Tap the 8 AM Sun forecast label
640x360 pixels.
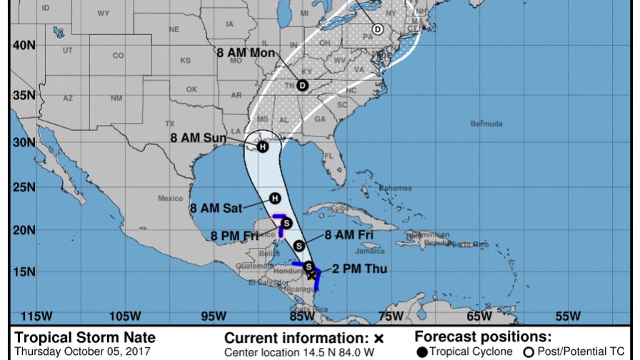pos(198,138)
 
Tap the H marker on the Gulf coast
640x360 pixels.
pos(263,147)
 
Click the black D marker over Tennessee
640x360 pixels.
pos(302,86)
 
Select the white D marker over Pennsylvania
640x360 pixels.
pos(377,30)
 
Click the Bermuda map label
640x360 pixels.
pos(486,124)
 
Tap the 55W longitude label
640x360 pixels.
pos(568,316)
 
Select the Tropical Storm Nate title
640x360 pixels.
pos(85,338)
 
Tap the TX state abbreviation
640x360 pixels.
pos(170,124)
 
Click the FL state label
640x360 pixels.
pos(329,156)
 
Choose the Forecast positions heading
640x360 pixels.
pos(484,337)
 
